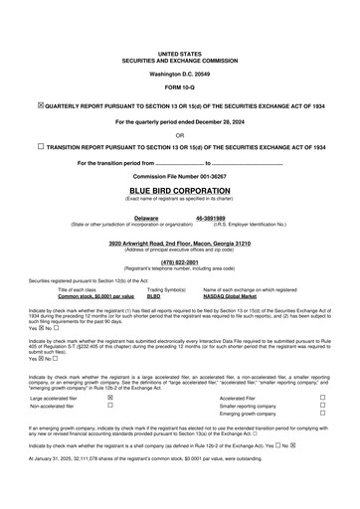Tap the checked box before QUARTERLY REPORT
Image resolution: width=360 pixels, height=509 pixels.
40,103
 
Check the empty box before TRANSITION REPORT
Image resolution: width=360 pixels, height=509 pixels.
40,146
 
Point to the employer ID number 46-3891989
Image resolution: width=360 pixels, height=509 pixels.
211,217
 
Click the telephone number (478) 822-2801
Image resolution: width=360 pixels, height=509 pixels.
179,261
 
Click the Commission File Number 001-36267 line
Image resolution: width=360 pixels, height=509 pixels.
179,175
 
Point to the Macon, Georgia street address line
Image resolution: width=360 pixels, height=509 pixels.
179,243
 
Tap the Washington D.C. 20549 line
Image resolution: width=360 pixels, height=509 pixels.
179,74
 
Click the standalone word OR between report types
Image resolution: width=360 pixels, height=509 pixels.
179,134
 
